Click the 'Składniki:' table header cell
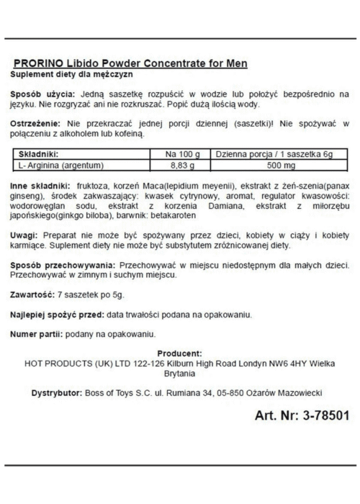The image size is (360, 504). (x=38, y=153)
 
